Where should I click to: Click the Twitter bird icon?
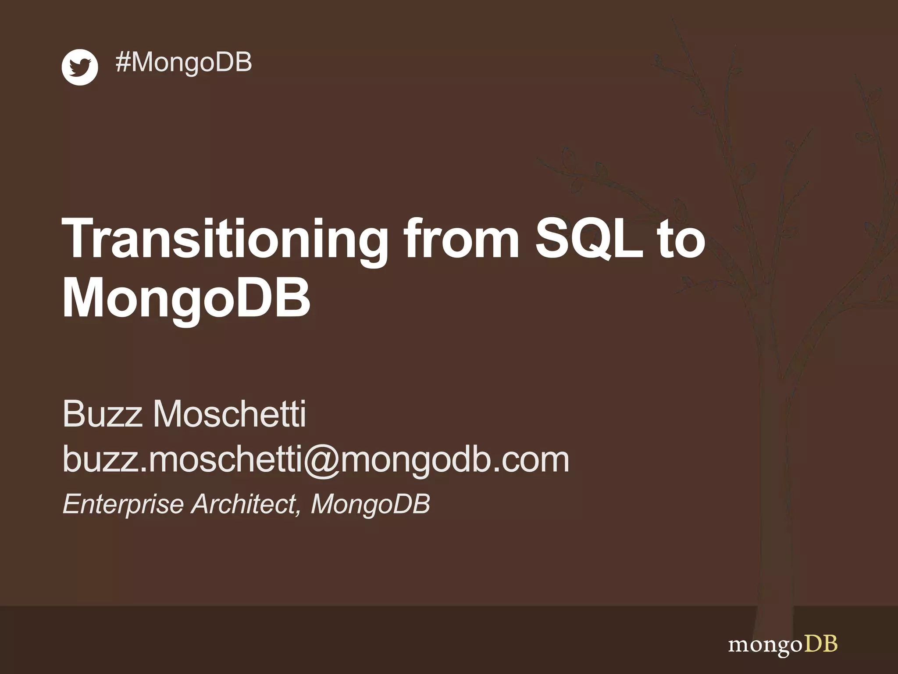[x=79, y=67]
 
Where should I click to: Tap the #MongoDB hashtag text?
[x=183, y=62]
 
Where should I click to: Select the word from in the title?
[x=461, y=239]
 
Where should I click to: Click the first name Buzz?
[x=102, y=414]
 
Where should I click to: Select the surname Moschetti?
[x=228, y=414]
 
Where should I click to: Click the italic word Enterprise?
[x=123, y=504]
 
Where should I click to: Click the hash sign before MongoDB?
[x=123, y=62]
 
